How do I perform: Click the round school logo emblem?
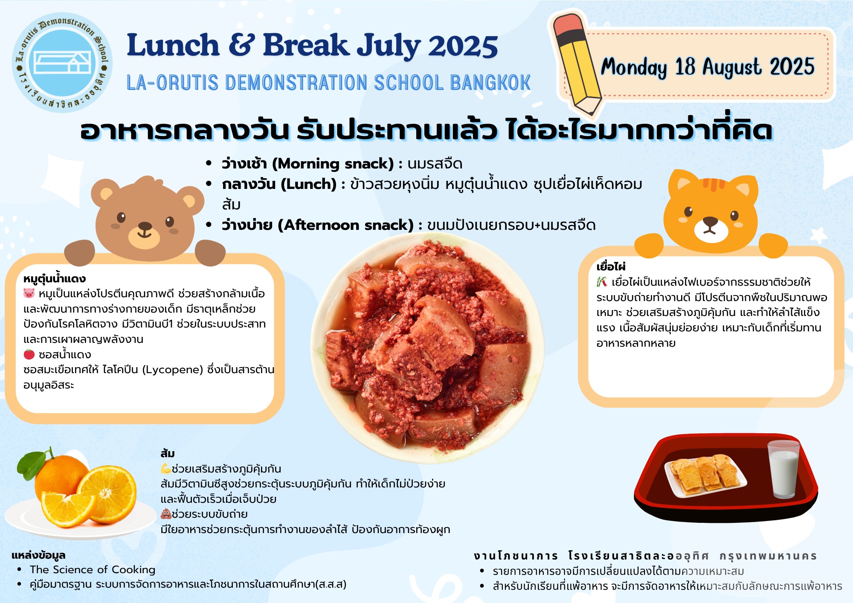tap(62, 63)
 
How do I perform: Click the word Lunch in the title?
tap(173, 45)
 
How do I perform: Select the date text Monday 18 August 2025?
tap(708, 67)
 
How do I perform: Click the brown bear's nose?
tap(145, 226)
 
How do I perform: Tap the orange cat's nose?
tap(710, 221)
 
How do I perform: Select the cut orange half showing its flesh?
tap(107, 494)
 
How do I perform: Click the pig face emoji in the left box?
tap(29, 293)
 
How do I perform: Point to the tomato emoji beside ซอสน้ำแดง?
tap(29, 354)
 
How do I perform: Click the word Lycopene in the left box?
tap(172, 370)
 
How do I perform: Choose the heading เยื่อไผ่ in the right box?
tap(611, 267)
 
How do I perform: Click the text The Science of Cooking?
tap(93, 570)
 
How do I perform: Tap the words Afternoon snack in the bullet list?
tap(346, 225)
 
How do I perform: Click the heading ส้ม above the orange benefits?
tap(168, 453)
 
